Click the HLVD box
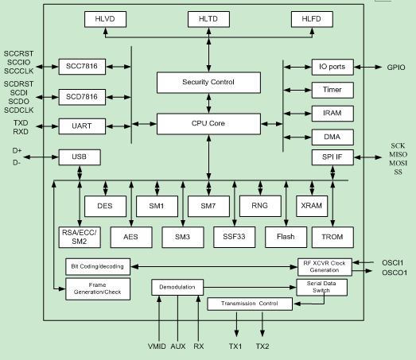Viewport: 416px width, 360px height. coord(105,19)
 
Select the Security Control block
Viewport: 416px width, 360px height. coord(208,83)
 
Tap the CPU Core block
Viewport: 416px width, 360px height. coord(208,124)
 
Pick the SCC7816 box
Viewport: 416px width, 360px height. coord(82,67)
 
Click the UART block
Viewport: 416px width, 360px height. coord(82,126)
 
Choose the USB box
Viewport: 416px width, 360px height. coord(80,157)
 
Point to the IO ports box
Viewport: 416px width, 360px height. coord(332,67)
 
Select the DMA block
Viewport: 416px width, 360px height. coord(332,137)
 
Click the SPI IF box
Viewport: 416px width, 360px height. coord(332,157)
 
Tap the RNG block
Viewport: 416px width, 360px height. coord(260,206)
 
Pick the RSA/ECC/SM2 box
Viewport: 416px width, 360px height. coord(80,238)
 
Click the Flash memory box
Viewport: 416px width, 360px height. coord(286,238)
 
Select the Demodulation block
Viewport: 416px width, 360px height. coord(177,287)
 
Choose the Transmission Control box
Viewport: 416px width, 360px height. coord(250,304)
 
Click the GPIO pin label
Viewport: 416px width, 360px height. coord(396,68)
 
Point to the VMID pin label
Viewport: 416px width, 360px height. coord(157,346)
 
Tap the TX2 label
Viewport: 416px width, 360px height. coord(262,346)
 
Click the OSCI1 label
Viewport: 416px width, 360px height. coord(393,263)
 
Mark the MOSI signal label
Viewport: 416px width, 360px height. coord(398,163)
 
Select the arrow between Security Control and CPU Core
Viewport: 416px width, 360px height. coord(209,103)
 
